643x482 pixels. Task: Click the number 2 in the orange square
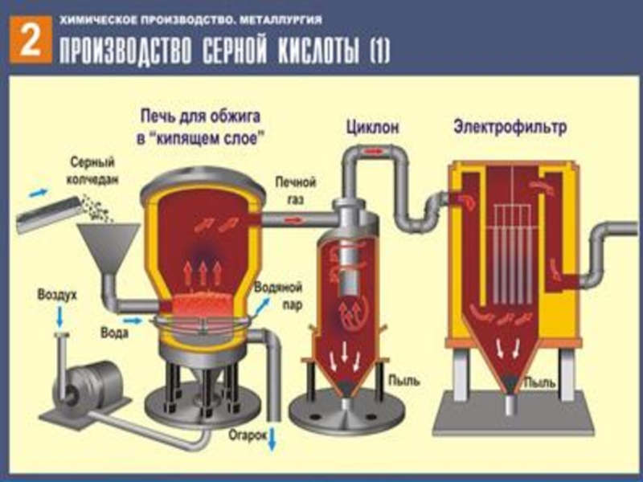click(29, 40)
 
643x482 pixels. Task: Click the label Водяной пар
click(276, 295)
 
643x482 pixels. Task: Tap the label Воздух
click(57, 296)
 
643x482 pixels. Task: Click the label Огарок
click(242, 436)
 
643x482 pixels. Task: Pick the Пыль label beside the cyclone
click(399, 377)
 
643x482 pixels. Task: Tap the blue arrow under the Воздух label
click(59, 318)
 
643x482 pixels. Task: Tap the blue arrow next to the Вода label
click(134, 321)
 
